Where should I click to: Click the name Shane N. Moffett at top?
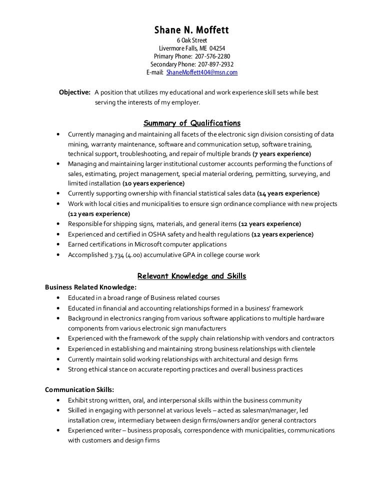[191, 30]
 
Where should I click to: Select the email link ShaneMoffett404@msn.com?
[202, 72]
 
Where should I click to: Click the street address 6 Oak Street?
[191, 40]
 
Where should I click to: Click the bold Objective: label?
[75, 92]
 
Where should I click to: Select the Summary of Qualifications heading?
[191, 123]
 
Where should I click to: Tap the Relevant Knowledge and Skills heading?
[191, 276]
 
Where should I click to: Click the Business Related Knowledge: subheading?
[90, 287]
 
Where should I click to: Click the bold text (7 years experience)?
[282, 153]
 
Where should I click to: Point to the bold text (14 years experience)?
[288, 193]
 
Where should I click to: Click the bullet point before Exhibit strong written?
[60, 400]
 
